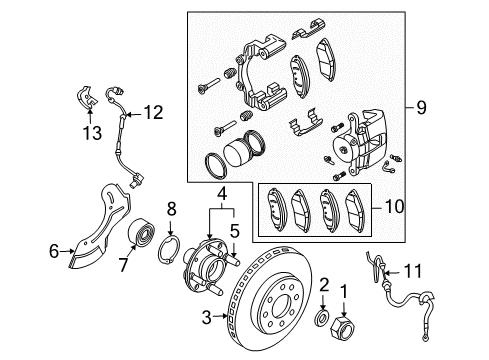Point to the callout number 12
coord(152,113)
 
